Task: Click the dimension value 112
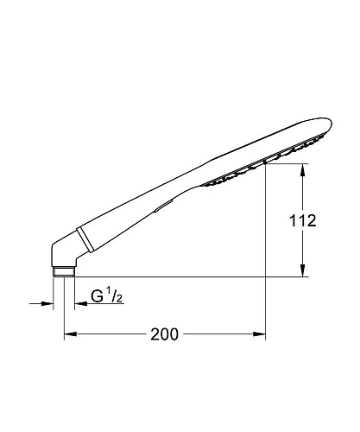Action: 303,221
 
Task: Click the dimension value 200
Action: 165,334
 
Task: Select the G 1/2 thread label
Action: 107,295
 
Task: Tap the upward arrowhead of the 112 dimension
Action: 302,170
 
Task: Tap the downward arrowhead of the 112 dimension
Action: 302,270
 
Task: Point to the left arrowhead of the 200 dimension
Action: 70,334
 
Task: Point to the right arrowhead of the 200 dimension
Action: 259,334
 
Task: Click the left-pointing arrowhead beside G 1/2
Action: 80,303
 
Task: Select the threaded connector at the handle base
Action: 64,272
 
